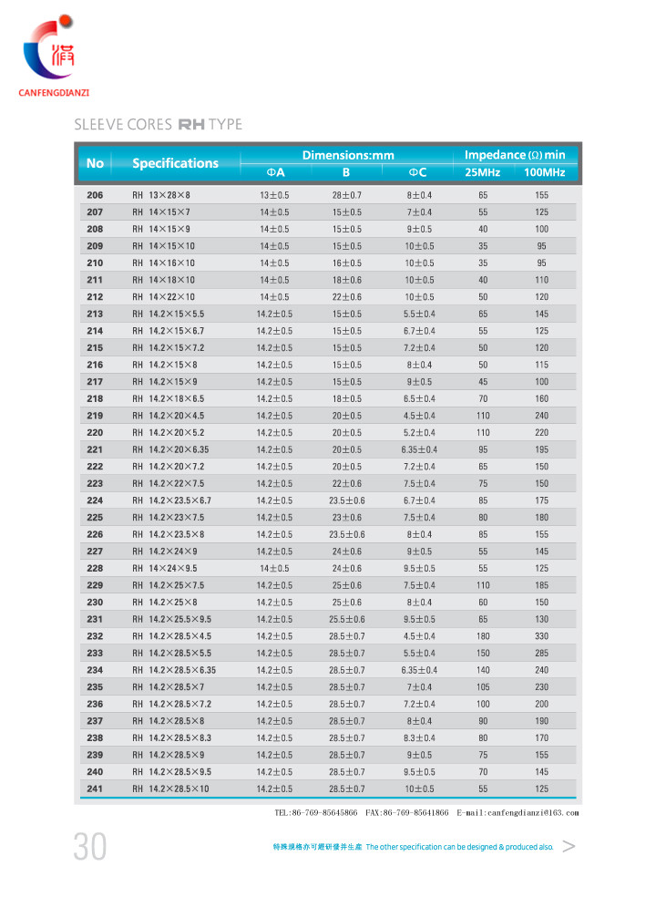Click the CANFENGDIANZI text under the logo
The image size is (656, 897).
click(x=60, y=92)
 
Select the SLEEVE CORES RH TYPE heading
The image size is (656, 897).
click(x=158, y=124)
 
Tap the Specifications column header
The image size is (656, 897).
click(x=175, y=163)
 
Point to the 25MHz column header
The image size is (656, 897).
click(x=482, y=172)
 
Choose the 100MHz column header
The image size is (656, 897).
click(x=544, y=172)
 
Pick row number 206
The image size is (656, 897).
click(x=95, y=195)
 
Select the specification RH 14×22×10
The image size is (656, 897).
click(x=164, y=297)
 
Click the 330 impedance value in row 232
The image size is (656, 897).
click(x=541, y=636)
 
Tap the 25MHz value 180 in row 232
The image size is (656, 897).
click(x=483, y=636)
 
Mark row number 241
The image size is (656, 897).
click(x=95, y=789)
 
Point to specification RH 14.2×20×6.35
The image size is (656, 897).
click(x=170, y=449)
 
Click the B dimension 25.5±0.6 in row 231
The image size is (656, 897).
click(x=346, y=619)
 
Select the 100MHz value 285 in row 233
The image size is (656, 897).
click(x=541, y=653)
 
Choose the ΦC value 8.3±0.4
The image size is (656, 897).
click(x=419, y=737)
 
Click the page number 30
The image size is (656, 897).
click(x=90, y=848)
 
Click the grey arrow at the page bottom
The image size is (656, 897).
click(x=569, y=847)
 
